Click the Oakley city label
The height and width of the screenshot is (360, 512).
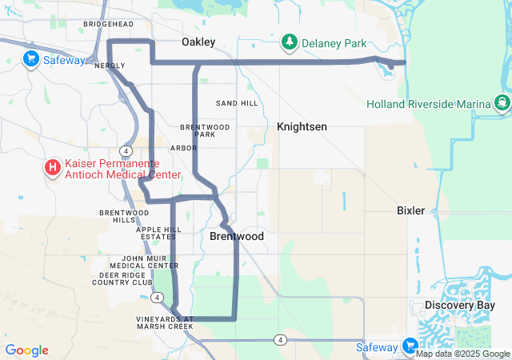[x=198, y=42]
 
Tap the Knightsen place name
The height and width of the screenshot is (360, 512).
[x=302, y=126]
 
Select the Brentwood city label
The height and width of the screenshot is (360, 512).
[x=237, y=237]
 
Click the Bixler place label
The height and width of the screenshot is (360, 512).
[x=411, y=210]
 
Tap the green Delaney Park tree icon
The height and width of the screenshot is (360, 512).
[x=289, y=42]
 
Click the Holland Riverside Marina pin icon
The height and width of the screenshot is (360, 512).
[x=502, y=102]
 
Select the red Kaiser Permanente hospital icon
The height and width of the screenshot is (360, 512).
[x=52, y=167]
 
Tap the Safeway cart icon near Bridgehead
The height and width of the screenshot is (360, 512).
[x=31, y=58]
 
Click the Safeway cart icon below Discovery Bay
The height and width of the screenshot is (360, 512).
[x=410, y=346]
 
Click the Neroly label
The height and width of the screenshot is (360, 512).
[x=110, y=66]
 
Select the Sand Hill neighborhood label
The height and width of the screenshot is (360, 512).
[x=238, y=104]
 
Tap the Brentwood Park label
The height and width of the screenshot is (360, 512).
[x=205, y=130]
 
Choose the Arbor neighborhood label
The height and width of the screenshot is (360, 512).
[x=183, y=148]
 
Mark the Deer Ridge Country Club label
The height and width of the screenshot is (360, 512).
[x=126, y=278]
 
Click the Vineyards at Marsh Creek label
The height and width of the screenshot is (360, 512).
[x=166, y=322]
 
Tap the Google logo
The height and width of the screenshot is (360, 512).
[x=26, y=350]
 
